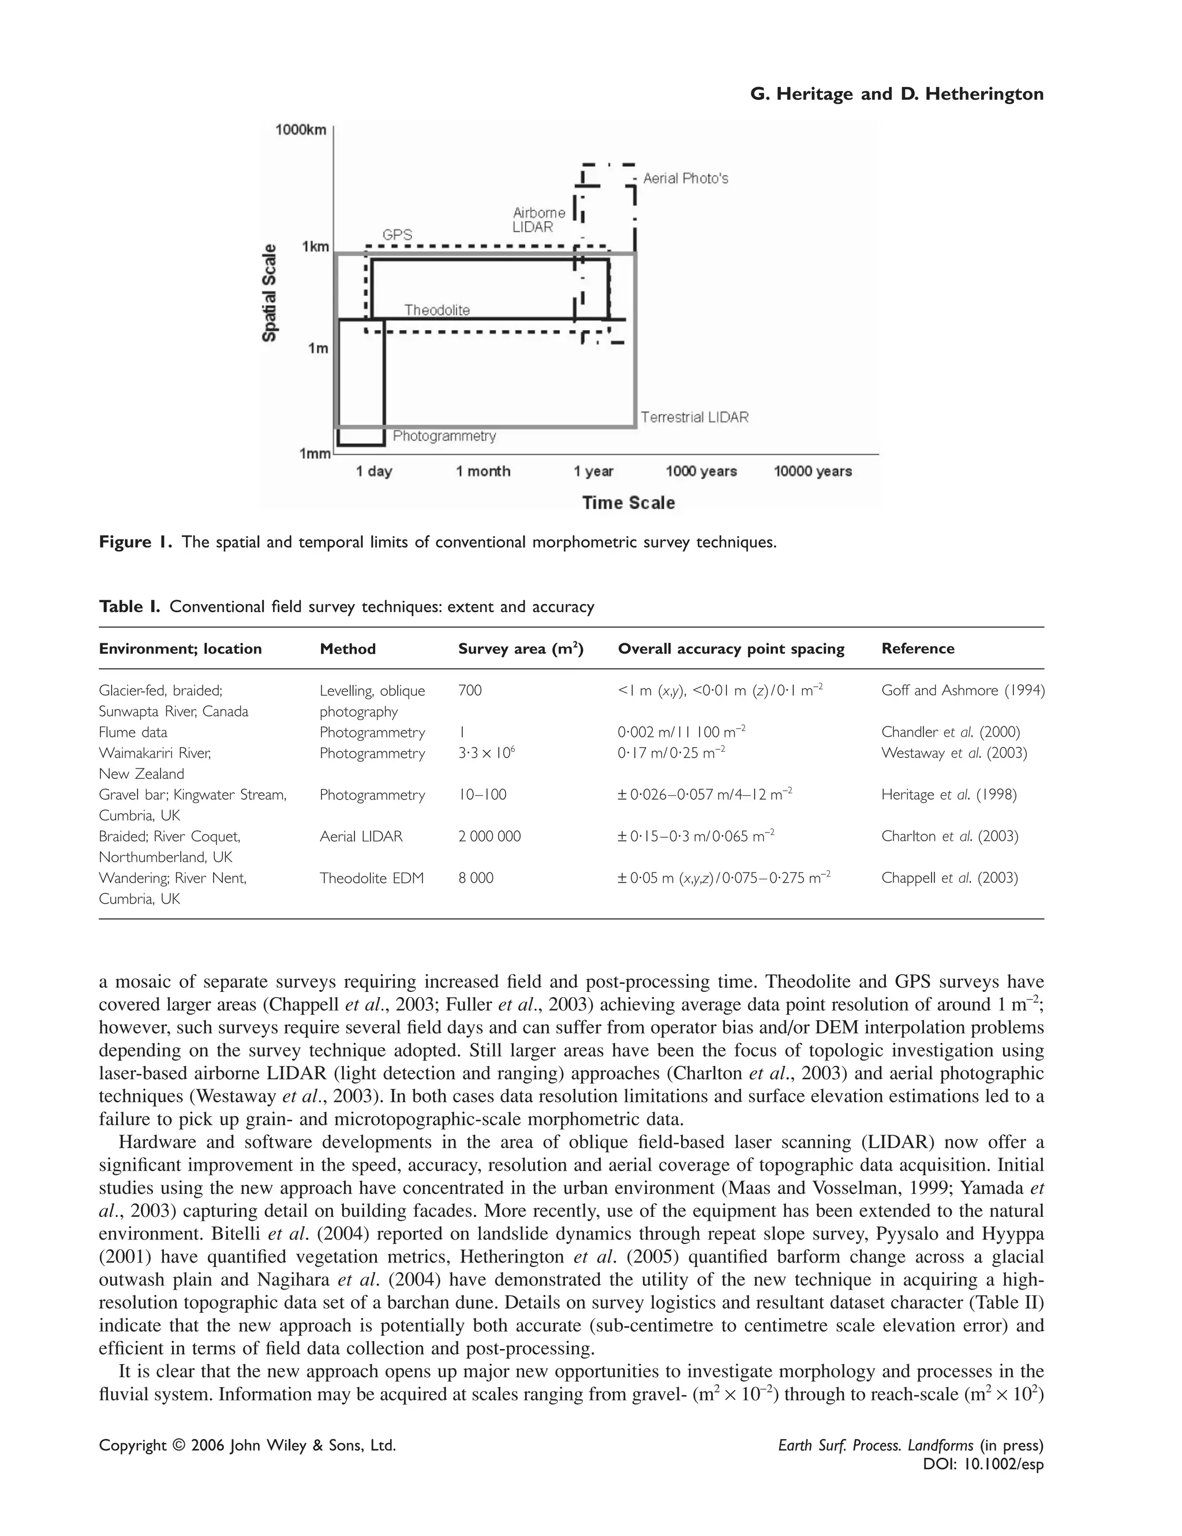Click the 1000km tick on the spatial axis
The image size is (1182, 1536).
click(301, 130)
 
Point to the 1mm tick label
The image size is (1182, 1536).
click(315, 454)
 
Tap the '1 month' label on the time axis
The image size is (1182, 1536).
click(482, 471)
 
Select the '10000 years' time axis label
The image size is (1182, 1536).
click(813, 471)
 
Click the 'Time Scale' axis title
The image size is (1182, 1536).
click(629, 503)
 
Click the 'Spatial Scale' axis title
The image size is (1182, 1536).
click(270, 293)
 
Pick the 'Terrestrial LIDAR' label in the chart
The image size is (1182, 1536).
click(694, 417)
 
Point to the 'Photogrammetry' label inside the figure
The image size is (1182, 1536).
click(444, 436)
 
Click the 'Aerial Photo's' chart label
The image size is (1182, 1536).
click(685, 179)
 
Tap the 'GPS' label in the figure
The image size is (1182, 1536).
click(397, 235)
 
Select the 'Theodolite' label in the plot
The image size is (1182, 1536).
click(437, 310)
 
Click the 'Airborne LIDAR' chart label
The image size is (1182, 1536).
click(538, 219)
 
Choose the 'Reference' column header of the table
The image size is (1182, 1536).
click(918, 649)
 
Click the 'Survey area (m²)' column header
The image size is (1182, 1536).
click(521, 649)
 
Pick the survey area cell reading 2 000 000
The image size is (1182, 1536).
click(489, 836)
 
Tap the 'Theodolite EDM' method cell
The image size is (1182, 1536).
click(372, 878)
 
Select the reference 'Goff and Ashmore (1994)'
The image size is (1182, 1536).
click(963, 690)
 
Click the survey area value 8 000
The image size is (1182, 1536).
click(476, 878)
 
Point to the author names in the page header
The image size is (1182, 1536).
click(896, 93)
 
